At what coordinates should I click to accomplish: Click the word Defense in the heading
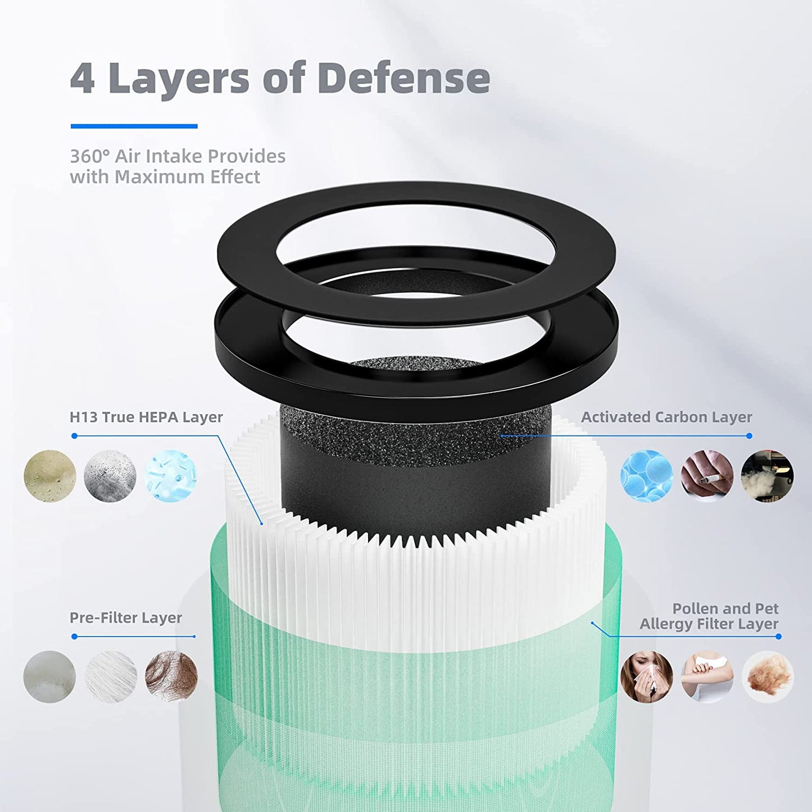pos(403,78)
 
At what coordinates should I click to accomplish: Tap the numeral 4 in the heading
pos(83,78)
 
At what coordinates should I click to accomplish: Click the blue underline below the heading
pos(134,126)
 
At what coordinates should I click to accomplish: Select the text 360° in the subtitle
pos(89,156)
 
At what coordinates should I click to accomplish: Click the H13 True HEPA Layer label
pos(146,417)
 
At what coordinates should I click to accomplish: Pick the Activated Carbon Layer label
pos(666,417)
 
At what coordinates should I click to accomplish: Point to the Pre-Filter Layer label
pos(126,618)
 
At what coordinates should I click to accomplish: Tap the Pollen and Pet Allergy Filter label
pos(709,616)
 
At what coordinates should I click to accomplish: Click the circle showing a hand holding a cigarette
pos(707,476)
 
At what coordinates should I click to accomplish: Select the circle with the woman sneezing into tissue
pos(647,677)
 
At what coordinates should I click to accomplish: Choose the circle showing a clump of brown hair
pos(171,677)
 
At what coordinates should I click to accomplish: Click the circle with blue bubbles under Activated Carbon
pos(647,476)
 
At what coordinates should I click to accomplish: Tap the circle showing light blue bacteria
pos(171,476)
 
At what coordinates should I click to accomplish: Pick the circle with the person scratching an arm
pos(707,677)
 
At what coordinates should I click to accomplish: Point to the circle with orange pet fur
pos(767,677)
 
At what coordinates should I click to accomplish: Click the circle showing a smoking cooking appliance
pos(767,476)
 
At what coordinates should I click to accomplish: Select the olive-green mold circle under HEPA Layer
pos(50,476)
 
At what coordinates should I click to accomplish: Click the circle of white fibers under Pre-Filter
pos(111,677)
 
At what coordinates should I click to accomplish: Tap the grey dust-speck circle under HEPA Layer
pos(110,476)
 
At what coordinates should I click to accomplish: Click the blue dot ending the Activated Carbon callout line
pos(749,436)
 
